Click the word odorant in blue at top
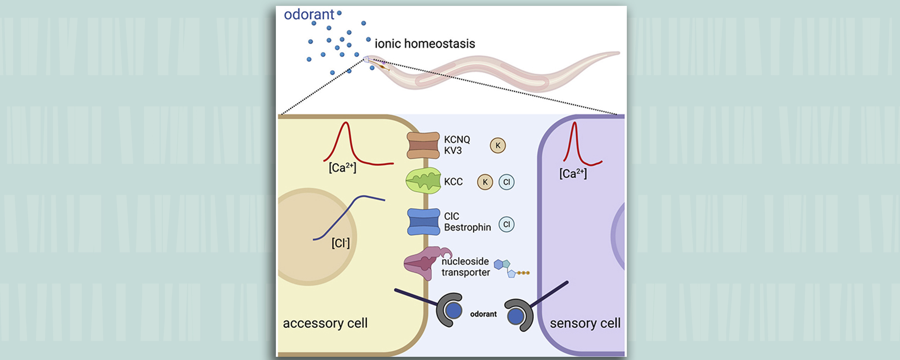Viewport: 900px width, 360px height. click(x=309, y=14)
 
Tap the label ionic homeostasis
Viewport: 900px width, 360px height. click(x=425, y=44)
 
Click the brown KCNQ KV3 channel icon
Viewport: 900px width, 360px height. click(x=423, y=145)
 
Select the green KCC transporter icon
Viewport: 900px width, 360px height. click(x=423, y=181)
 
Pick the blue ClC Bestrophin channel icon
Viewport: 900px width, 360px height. click(x=423, y=222)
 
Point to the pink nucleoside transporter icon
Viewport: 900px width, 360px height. click(x=423, y=263)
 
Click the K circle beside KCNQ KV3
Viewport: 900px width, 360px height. click(x=498, y=145)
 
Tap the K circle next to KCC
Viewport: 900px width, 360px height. click(x=485, y=182)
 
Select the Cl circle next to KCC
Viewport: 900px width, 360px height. click(x=507, y=182)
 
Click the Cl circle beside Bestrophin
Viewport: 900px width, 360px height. click(x=507, y=224)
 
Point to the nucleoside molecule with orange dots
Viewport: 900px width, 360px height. click(x=511, y=269)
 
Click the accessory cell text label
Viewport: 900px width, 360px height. click(x=325, y=323)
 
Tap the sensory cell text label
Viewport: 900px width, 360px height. click(x=585, y=323)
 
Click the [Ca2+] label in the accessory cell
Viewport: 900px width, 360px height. click(x=342, y=168)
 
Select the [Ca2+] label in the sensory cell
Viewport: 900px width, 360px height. click(x=573, y=174)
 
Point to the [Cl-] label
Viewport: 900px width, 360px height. click(x=341, y=243)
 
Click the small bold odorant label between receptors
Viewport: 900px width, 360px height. click(x=483, y=314)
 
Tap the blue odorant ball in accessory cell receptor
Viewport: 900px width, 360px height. click(x=453, y=310)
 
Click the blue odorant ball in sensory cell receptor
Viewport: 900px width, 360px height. click(x=515, y=316)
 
